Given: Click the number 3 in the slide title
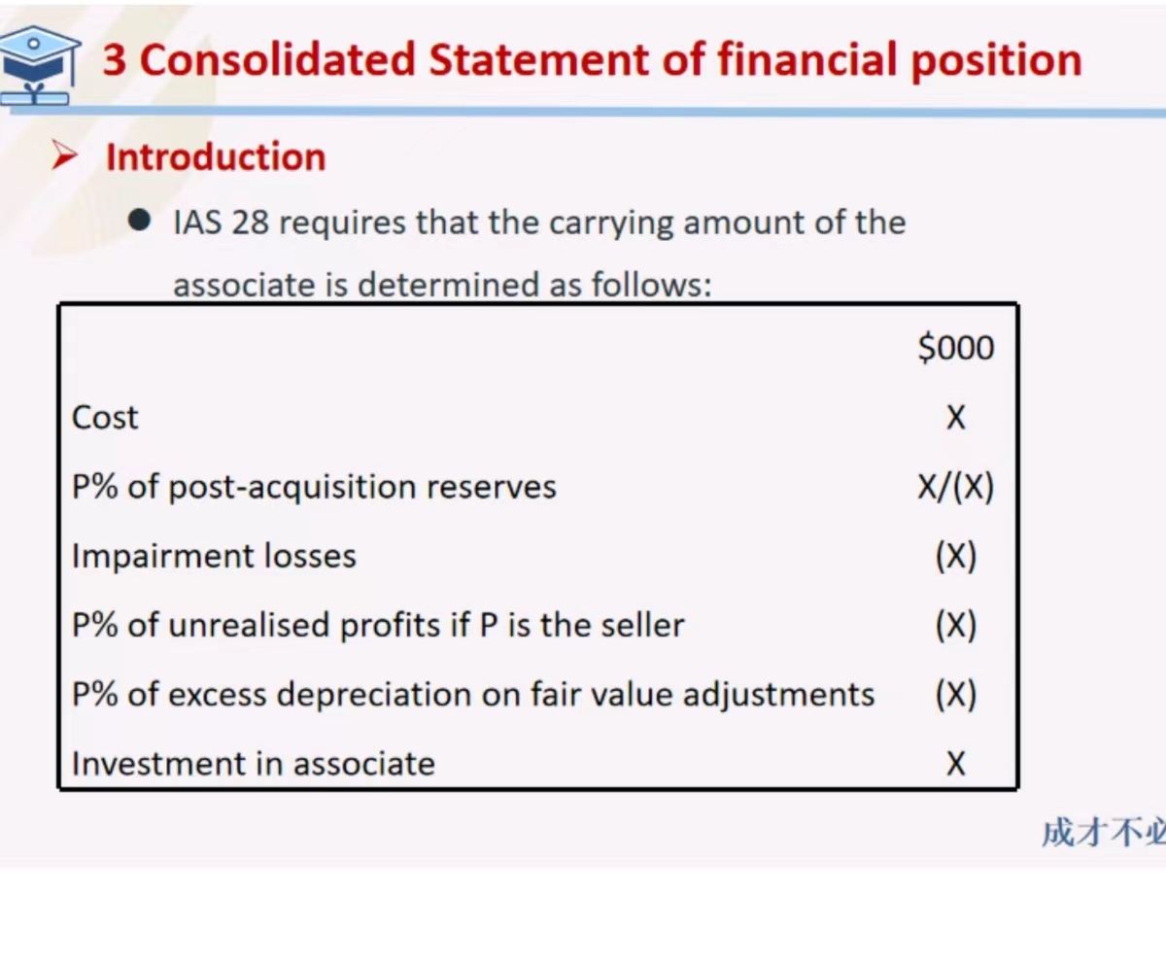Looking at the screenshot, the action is [x=115, y=60].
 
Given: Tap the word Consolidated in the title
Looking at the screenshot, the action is [x=278, y=59].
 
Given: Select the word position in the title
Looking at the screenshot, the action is [x=996, y=61].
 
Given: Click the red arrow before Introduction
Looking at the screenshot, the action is [x=64, y=155].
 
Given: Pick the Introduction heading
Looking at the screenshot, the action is [x=216, y=156].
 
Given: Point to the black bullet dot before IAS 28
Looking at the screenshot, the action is [x=139, y=220].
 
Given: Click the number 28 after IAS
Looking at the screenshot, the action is [x=250, y=223].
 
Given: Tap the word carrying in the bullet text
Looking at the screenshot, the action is [x=611, y=224].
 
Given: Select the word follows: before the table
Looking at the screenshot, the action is [x=652, y=284].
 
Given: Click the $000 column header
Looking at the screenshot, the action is [x=955, y=347].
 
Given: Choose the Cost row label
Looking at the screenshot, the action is [x=105, y=417].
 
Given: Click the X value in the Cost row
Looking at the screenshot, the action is [x=956, y=417].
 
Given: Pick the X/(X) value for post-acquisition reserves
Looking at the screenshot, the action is [x=956, y=487].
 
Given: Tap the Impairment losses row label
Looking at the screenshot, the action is [x=214, y=557].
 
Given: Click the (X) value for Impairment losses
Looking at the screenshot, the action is [x=956, y=556].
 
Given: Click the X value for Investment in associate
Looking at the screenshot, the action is [x=956, y=763].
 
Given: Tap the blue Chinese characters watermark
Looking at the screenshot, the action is [x=1104, y=832].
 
